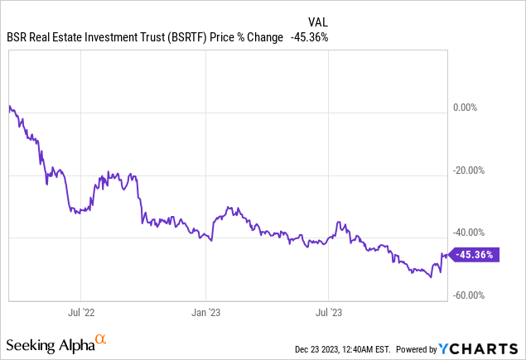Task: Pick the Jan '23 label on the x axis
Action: (x=205, y=313)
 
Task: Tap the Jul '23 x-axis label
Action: (x=330, y=313)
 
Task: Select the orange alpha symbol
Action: (x=101, y=339)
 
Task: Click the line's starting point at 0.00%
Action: (x=8, y=107)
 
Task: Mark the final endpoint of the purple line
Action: (x=448, y=254)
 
